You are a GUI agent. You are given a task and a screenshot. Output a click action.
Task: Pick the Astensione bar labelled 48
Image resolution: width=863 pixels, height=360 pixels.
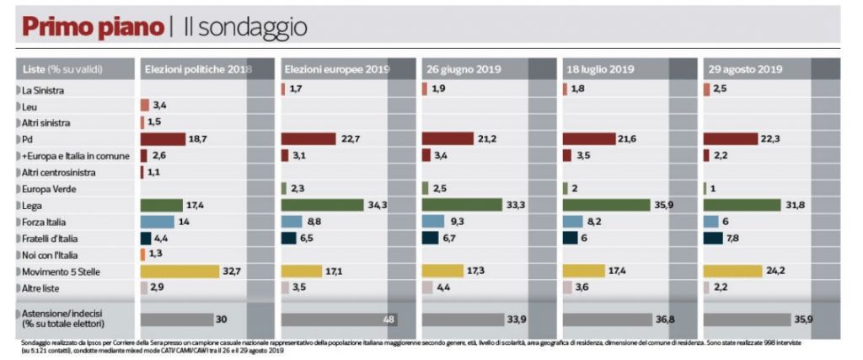click(x=338, y=320)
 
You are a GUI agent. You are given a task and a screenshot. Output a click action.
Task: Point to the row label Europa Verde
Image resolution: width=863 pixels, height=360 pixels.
click(x=50, y=189)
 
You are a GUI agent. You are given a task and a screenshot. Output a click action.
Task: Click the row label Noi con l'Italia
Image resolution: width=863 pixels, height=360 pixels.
click(x=53, y=255)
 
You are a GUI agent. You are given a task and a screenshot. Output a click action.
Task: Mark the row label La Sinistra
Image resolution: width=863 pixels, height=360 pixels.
click(x=46, y=89)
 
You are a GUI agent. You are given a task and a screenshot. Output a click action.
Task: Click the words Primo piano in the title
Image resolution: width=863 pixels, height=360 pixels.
click(x=92, y=27)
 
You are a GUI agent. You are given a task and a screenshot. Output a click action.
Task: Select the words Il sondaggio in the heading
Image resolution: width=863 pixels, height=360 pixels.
click(x=245, y=27)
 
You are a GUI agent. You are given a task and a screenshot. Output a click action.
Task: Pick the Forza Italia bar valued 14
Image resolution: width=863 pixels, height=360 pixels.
click(x=157, y=222)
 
